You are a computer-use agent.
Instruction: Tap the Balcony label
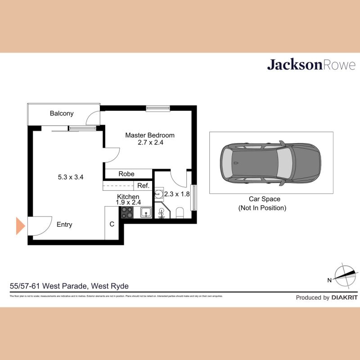point(62,113)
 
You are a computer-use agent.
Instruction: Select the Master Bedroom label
point(150,135)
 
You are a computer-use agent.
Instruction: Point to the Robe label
point(126,174)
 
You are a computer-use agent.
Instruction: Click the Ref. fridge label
point(143,185)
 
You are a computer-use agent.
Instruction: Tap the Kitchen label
point(128,197)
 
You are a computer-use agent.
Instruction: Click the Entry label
point(64,225)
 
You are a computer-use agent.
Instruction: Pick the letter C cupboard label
point(112,224)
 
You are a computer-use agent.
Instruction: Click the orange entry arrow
point(19,225)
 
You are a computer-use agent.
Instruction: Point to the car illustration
point(271,163)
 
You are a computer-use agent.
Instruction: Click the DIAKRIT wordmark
point(344,297)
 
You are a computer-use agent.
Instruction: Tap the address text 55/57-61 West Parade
point(69,286)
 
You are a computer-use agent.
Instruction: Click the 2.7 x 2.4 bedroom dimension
point(150,143)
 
